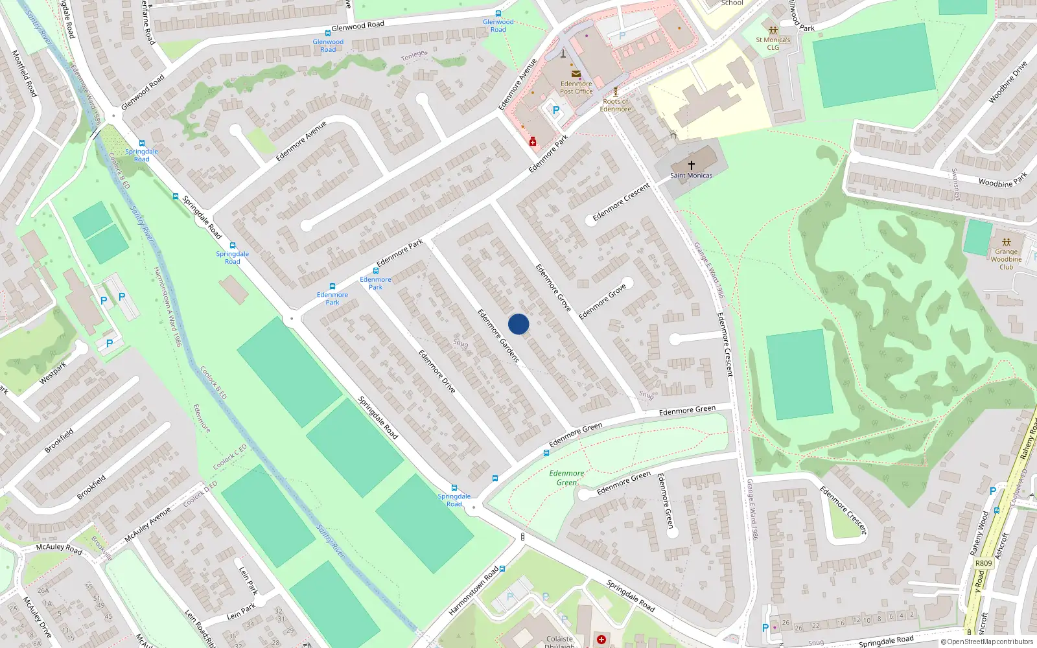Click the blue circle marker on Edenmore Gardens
(518, 324)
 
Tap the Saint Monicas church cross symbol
(691, 165)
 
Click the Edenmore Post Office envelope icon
(576, 74)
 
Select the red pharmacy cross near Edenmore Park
(533, 142)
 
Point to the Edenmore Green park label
(566, 478)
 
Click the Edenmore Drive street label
(437, 371)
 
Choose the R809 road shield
(983, 563)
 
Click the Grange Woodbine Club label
(1006, 259)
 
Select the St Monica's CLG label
(773, 43)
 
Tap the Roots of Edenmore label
(615, 105)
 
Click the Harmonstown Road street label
(473, 591)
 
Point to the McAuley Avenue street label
(148, 524)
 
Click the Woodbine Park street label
(1003, 179)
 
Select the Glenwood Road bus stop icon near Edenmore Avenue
(498, 14)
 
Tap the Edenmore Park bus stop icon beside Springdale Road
(332, 286)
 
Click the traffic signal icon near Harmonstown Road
(523, 537)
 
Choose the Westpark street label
(53, 373)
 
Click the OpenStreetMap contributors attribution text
(986, 642)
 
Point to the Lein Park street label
(248, 581)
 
